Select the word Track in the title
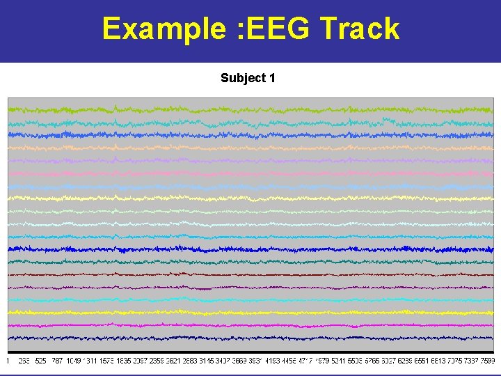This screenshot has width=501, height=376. pyautogui.click(x=360, y=29)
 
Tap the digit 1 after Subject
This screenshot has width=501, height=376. pyautogui.click(x=272, y=78)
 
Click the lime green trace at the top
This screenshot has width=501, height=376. pyautogui.click(x=250, y=109)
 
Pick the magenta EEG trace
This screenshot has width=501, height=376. pyautogui.click(x=250, y=324)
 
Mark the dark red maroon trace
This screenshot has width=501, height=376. pyautogui.click(x=250, y=274)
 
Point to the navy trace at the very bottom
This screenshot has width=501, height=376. pyautogui.click(x=250, y=338)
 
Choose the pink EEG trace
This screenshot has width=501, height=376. pyautogui.click(x=250, y=173)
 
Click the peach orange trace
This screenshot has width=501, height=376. pyautogui.click(x=250, y=147)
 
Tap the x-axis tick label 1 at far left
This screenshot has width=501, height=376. pyautogui.click(x=8, y=361)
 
